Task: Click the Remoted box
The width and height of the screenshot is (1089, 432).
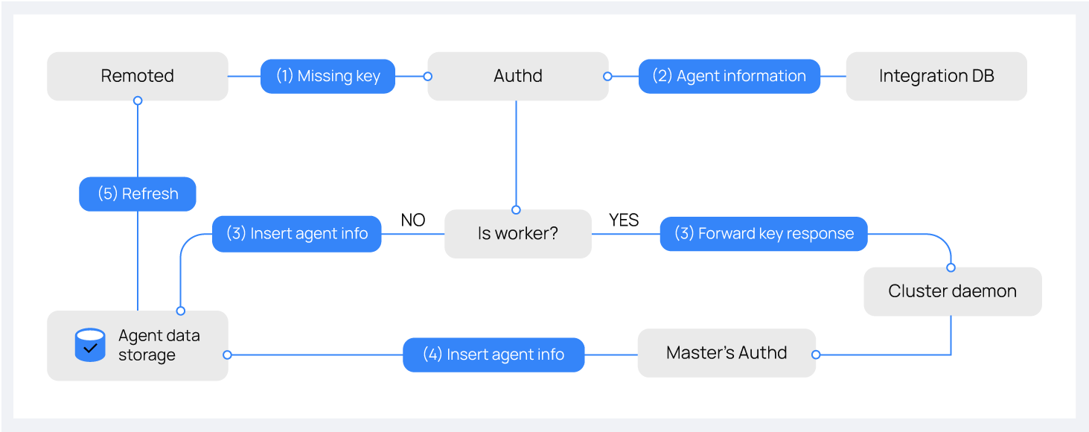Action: click(x=137, y=76)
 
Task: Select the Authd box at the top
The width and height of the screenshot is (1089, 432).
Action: click(x=517, y=76)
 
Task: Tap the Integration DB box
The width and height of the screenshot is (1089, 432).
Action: click(x=936, y=76)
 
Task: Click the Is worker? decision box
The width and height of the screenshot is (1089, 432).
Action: click(x=517, y=234)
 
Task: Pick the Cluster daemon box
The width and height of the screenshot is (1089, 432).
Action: click(x=952, y=291)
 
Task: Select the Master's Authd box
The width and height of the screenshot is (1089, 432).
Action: click(x=726, y=353)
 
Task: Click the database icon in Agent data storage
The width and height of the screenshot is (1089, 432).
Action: click(x=90, y=346)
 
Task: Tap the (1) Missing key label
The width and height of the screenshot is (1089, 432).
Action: click(x=328, y=76)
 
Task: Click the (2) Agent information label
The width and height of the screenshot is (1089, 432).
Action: click(x=729, y=76)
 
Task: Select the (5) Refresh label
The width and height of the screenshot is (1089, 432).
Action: click(x=138, y=194)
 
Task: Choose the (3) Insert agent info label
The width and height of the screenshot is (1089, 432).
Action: click(x=296, y=234)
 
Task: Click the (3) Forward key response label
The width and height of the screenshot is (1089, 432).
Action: click(x=764, y=234)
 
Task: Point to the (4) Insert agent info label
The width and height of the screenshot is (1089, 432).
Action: click(x=494, y=355)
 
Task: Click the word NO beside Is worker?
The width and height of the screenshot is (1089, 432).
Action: click(x=413, y=220)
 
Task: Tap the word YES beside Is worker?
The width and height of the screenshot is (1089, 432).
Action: click(x=624, y=220)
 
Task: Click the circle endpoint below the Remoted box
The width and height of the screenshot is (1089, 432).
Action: click(x=138, y=101)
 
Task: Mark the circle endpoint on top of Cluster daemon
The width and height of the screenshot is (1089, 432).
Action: click(x=951, y=267)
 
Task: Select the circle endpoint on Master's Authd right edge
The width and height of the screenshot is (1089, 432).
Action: click(x=816, y=355)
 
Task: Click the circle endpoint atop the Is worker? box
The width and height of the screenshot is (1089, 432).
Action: click(x=516, y=210)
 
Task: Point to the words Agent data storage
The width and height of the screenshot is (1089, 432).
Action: click(x=159, y=346)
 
